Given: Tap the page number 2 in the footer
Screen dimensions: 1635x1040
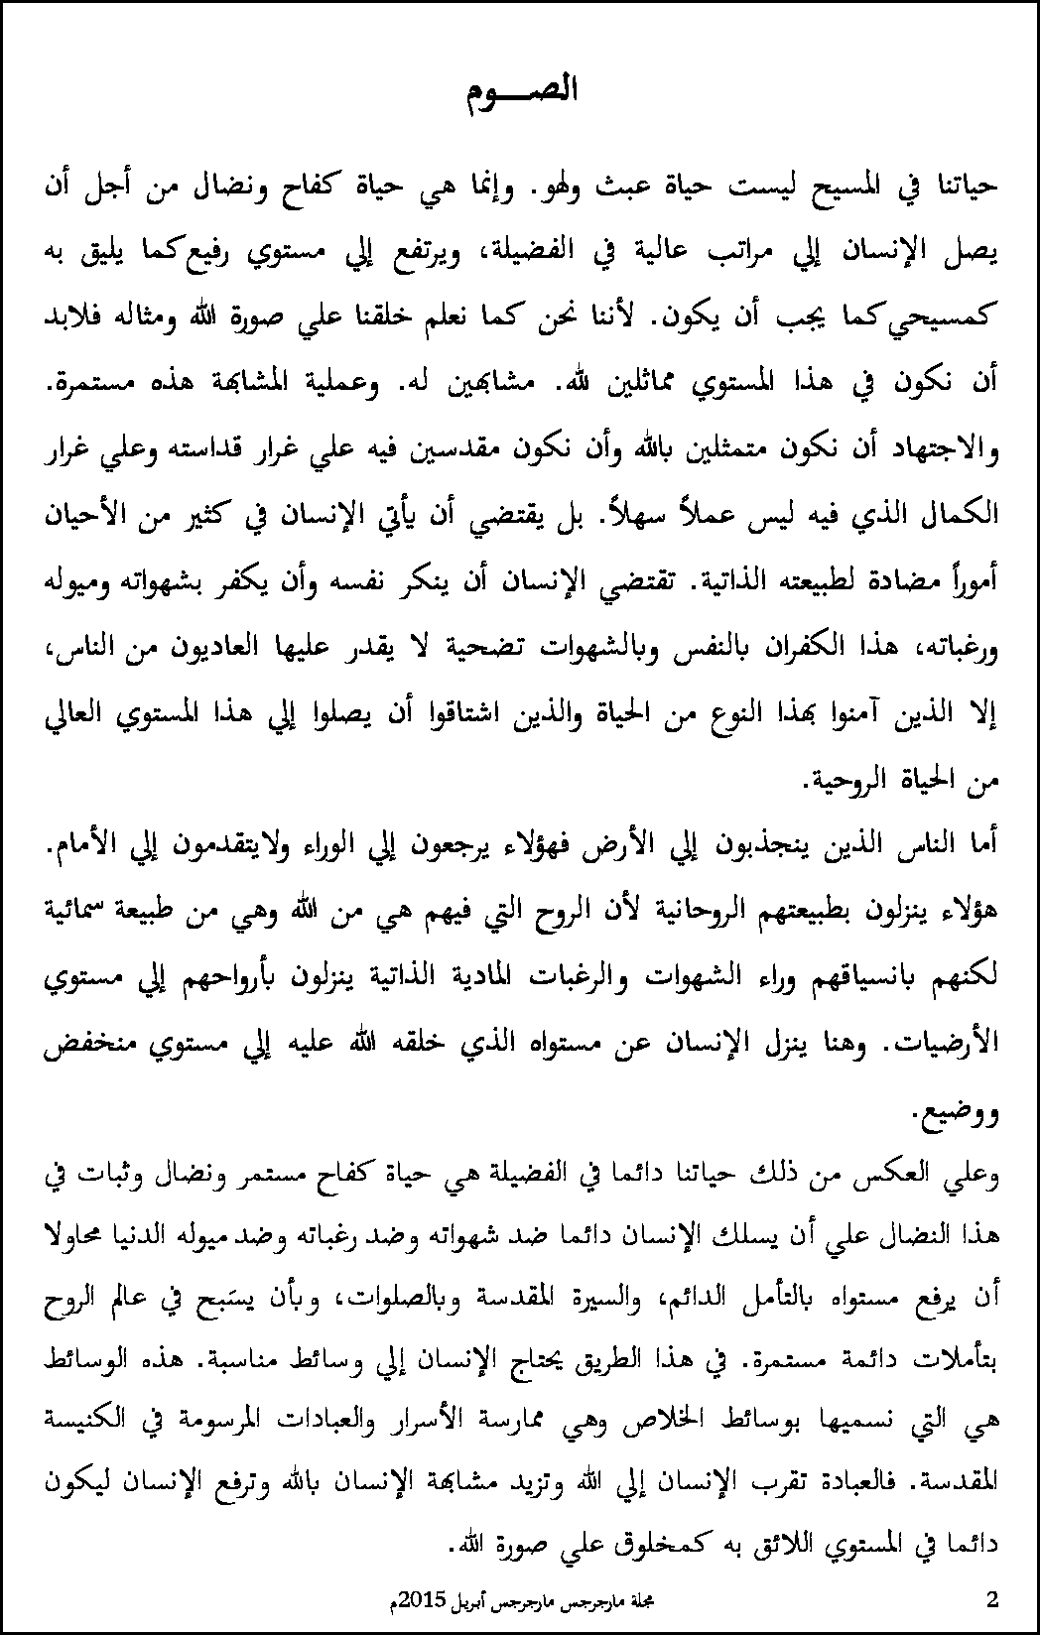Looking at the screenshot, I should pos(993,1598).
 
